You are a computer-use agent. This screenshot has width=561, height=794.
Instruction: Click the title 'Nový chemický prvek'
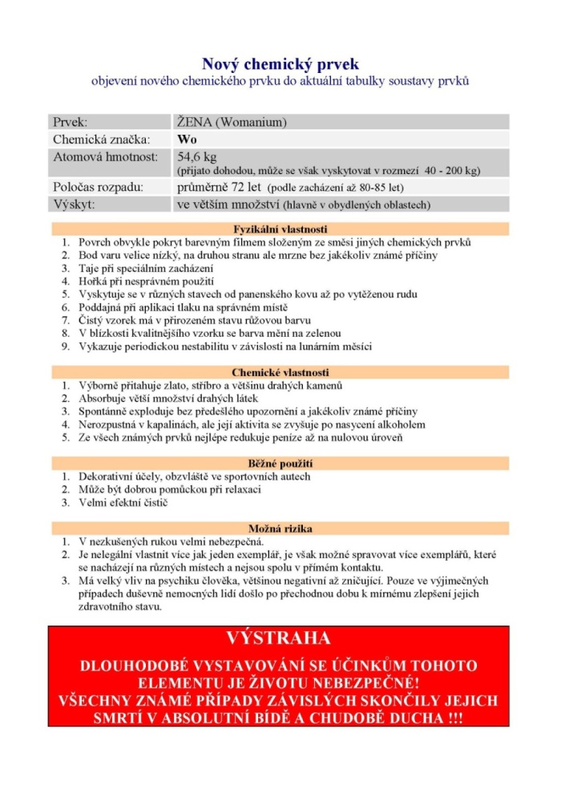[x=280, y=64]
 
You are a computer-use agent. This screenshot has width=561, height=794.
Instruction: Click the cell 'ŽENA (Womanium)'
[x=232, y=123]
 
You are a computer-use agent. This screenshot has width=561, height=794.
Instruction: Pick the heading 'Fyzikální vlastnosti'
[x=280, y=229]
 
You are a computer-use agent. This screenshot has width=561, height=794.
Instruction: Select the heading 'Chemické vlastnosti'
[x=280, y=372]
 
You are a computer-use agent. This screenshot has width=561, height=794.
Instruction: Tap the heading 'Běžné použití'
[x=280, y=463]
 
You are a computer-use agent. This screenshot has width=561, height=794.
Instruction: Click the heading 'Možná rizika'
[x=280, y=529]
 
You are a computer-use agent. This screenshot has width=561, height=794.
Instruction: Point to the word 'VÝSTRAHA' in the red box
[x=278, y=638]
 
